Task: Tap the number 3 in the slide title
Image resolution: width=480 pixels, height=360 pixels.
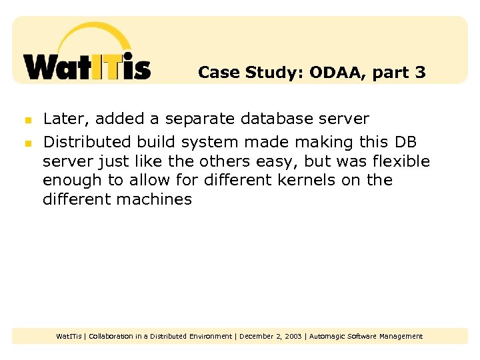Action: pyautogui.click(x=420, y=72)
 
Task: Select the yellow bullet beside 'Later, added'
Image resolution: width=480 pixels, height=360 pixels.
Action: pyautogui.click(x=28, y=121)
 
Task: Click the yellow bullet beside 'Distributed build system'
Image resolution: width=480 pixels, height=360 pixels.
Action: pyautogui.click(x=28, y=143)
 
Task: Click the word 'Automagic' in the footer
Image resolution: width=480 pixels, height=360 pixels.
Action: pyautogui.click(x=327, y=336)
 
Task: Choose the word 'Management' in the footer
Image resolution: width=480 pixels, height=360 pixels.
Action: pyautogui.click(x=401, y=336)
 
